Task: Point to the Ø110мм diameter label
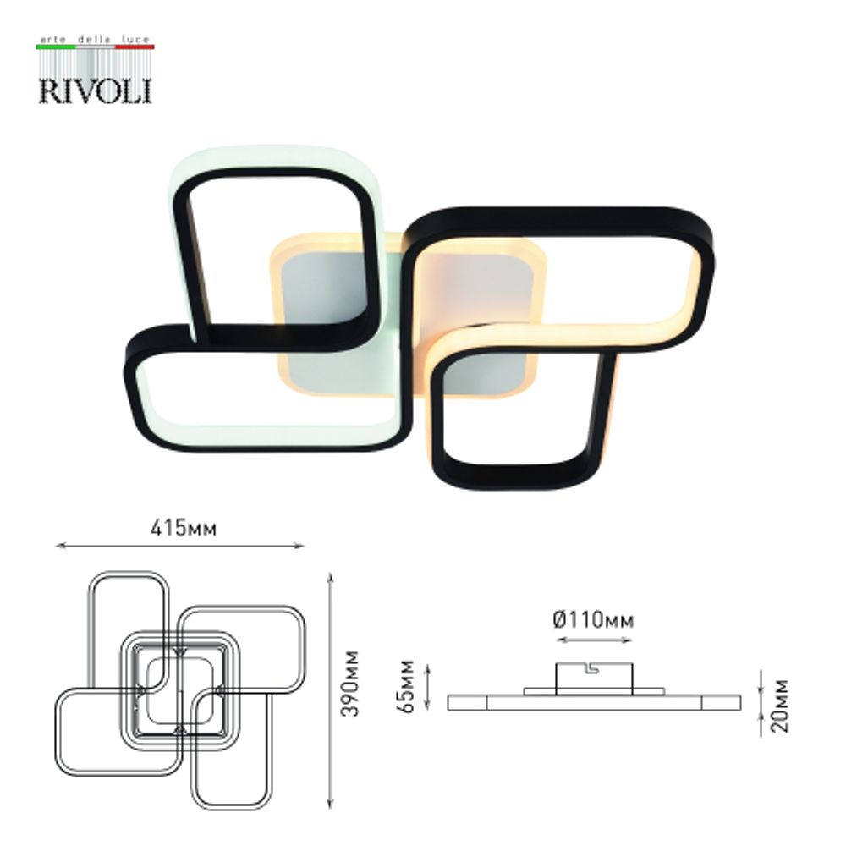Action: point(593,621)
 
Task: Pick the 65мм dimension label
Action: point(409,684)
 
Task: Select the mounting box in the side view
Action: point(592,677)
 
